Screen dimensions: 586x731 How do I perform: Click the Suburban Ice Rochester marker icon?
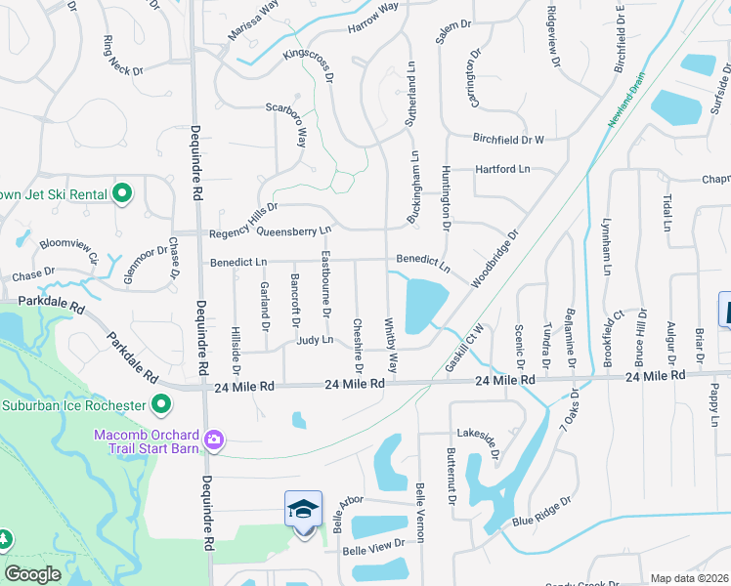162,403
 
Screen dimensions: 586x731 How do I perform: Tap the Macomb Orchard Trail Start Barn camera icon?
213,441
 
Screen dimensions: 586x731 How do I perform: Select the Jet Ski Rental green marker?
122,193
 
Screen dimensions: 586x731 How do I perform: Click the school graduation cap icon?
303,510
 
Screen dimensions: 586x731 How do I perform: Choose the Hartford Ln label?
502,169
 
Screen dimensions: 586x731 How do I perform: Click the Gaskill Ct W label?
465,346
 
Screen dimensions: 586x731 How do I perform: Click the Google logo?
32,573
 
